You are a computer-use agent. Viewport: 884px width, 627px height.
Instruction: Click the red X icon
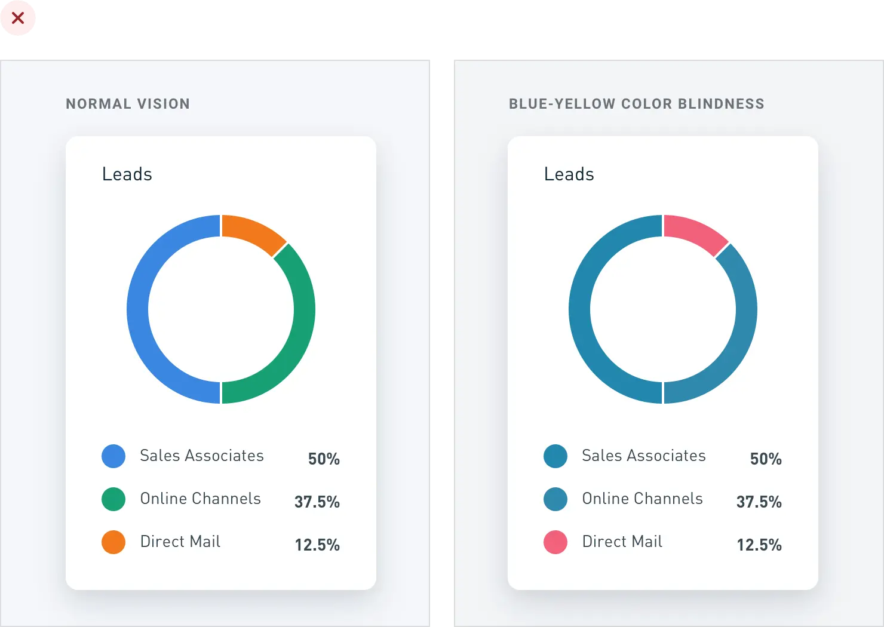18,18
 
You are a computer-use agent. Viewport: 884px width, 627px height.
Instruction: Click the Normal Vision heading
128,104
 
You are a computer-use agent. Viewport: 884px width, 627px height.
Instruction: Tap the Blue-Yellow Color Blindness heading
636,104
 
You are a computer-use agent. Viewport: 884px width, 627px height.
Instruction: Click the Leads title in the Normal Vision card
127,174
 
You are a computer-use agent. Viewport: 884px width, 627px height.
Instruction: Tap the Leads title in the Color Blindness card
569,174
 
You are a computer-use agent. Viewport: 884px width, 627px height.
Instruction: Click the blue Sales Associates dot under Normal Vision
113,456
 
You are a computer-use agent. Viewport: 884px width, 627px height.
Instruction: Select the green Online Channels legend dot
113,499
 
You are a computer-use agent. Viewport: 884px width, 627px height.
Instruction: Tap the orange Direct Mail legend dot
113,542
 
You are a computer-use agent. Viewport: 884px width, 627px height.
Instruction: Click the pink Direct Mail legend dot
555,542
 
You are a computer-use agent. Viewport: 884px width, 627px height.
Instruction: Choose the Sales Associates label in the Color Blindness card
644,456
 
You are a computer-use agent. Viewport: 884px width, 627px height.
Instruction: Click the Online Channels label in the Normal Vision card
201,499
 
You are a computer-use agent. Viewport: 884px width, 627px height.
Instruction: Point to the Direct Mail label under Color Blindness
622,542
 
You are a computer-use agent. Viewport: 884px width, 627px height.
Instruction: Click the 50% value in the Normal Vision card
324,459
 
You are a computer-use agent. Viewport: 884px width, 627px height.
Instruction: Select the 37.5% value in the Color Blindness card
759,502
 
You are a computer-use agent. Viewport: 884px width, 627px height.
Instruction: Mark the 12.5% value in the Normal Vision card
317,545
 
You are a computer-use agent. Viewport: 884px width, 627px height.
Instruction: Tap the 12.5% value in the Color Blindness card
759,545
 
